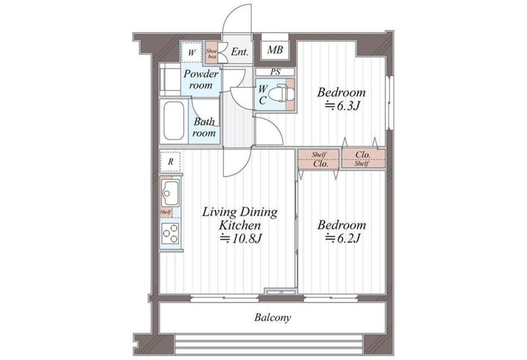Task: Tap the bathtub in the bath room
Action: point(174,121)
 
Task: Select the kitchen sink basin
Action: point(170,194)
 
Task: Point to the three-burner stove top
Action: point(170,233)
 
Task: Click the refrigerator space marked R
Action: point(170,162)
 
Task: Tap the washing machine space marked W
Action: point(192,52)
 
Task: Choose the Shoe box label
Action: point(212,54)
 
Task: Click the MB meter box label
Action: point(275,50)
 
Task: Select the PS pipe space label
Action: point(275,72)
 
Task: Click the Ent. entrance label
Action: point(240,52)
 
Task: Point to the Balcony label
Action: point(273,317)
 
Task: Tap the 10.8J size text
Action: point(241,238)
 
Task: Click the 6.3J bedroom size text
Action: point(343,106)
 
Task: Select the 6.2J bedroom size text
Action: point(343,238)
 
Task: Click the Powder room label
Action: point(201,79)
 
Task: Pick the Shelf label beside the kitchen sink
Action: point(166,212)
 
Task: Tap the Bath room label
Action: point(204,127)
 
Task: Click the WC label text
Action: point(263,95)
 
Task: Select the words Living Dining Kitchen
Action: point(240,219)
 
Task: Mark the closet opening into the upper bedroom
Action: point(364,159)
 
